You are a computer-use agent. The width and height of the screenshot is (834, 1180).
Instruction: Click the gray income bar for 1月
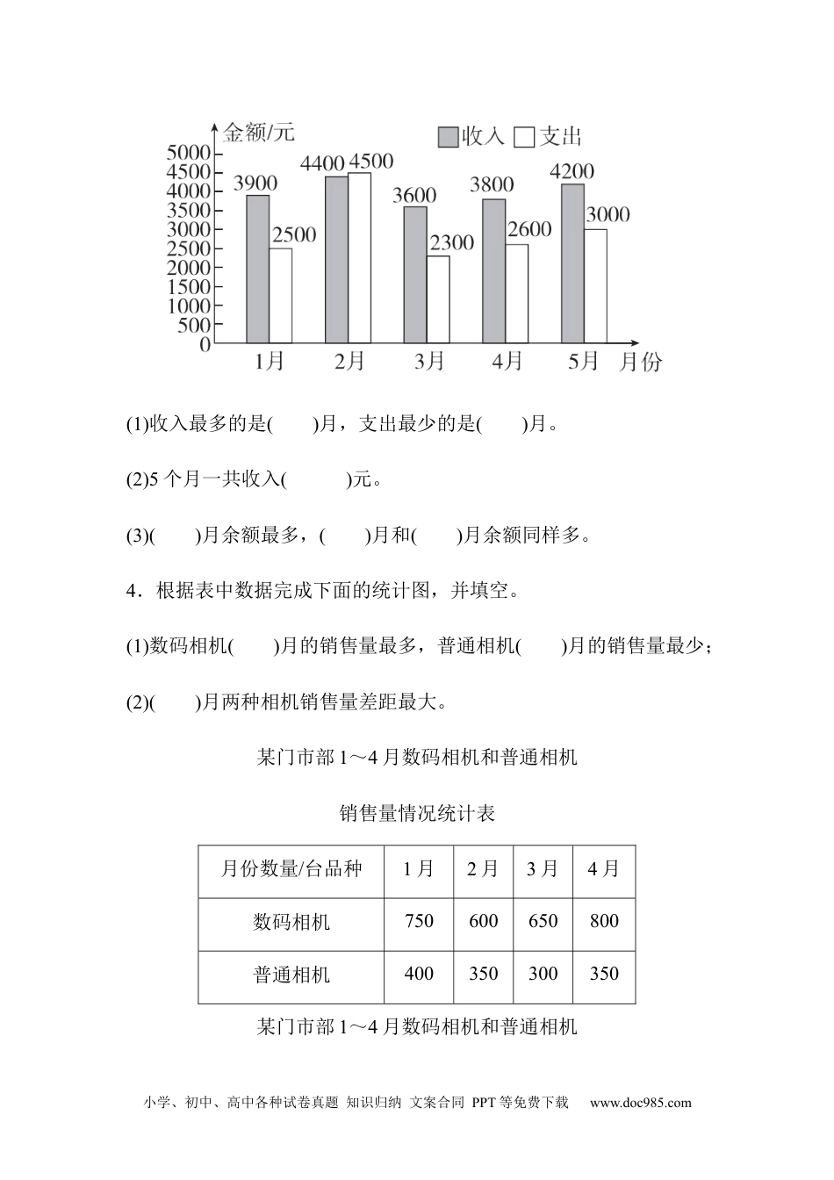coord(257,269)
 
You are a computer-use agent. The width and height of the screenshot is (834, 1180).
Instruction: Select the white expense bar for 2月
coord(359,257)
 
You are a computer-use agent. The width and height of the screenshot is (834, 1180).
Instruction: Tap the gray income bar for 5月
coord(572,263)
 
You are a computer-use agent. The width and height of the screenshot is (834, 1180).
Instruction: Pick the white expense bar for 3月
coord(437,299)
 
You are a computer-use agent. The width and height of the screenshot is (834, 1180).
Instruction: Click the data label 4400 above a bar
coord(322,163)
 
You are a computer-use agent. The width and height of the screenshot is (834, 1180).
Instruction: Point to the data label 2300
coord(452,242)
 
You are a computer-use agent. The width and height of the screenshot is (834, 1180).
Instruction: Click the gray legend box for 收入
coord(449,137)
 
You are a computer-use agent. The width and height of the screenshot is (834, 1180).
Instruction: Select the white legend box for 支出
coord(525,137)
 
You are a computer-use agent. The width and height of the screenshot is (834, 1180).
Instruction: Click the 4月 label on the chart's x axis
coord(507,362)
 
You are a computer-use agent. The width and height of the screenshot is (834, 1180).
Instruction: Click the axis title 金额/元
coord(259,133)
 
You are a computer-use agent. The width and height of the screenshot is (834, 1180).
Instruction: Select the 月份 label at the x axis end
coord(641,362)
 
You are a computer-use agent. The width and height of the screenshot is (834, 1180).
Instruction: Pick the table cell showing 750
coord(419,921)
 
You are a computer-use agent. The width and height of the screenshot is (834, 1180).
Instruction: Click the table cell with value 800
coord(604,921)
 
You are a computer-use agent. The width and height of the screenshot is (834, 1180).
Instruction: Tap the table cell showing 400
coord(419,974)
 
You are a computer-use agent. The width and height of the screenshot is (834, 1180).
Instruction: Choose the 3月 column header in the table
coord(543,869)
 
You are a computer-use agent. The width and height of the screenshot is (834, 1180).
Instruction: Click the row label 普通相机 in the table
coord(291,975)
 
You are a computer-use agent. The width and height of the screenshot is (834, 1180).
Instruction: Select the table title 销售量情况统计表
coord(417,814)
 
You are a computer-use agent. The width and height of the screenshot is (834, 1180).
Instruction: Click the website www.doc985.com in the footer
coord(640,1104)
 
